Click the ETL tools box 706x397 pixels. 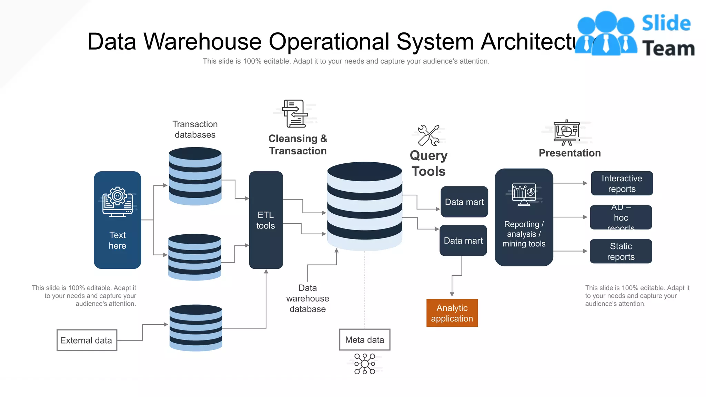click(x=266, y=220)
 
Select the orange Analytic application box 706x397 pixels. click(x=452, y=313)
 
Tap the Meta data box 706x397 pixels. click(x=364, y=340)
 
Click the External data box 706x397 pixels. click(x=87, y=340)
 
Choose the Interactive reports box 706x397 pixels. click(x=622, y=183)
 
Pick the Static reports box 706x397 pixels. click(x=621, y=252)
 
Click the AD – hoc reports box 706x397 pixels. click(x=621, y=217)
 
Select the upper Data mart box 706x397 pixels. click(x=464, y=202)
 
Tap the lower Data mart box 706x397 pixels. click(x=463, y=241)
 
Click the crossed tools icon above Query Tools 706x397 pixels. click(x=428, y=135)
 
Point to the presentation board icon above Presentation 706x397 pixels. click(x=566, y=133)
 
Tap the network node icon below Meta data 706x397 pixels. click(x=365, y=364)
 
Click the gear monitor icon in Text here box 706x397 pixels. click(x=118, y=202)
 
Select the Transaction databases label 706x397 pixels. click(x=195, y=130)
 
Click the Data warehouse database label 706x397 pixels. click(x=307, y=298)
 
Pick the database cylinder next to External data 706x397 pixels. click(x=196, y=328)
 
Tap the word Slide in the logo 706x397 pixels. click(x=666, y=23)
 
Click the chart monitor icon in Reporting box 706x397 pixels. click(x=524, y=194)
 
